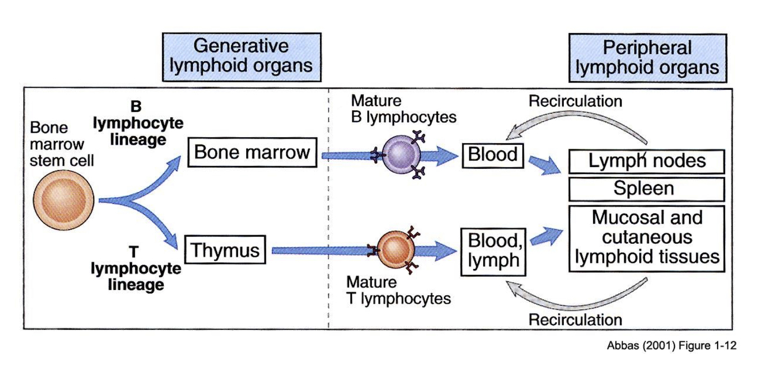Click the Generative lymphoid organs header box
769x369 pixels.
(x=242, y=56)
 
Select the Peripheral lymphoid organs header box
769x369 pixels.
(x=647, y=58)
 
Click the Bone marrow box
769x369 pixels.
(x=252, y=153)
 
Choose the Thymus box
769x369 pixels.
(x=225, y=251)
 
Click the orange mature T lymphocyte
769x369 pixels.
(x=395, y=250)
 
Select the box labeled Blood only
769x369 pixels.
(x=492, y=155)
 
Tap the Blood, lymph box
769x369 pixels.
(x=493, y=251)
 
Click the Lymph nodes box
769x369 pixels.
(x=646, y=161)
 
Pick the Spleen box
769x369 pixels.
(x=646, y=189)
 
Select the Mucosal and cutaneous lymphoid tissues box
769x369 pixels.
(x=646, y=237)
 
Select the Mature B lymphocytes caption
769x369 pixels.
(x=403, y=109)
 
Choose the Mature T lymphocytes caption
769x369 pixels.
(x=398, y=291)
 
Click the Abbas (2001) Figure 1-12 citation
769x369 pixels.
(x=671, y=346)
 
